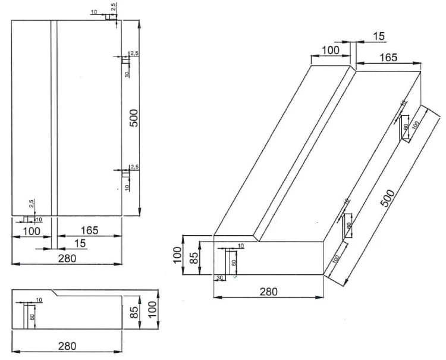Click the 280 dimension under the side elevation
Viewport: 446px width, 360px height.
click(x=67, y=345)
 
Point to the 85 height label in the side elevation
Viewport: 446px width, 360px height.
click(x=134, y=312)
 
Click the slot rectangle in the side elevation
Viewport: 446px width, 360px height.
click(x=26, y=315)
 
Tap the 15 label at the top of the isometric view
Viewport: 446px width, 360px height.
click(x=379, y=36)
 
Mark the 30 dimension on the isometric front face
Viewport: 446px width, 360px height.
click(x=219, y=277)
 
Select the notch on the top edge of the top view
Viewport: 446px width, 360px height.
click(x=111, y=17)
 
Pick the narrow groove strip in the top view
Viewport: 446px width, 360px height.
click(x=54, y=118)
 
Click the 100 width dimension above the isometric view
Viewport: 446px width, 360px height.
click(x=329, y=51)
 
